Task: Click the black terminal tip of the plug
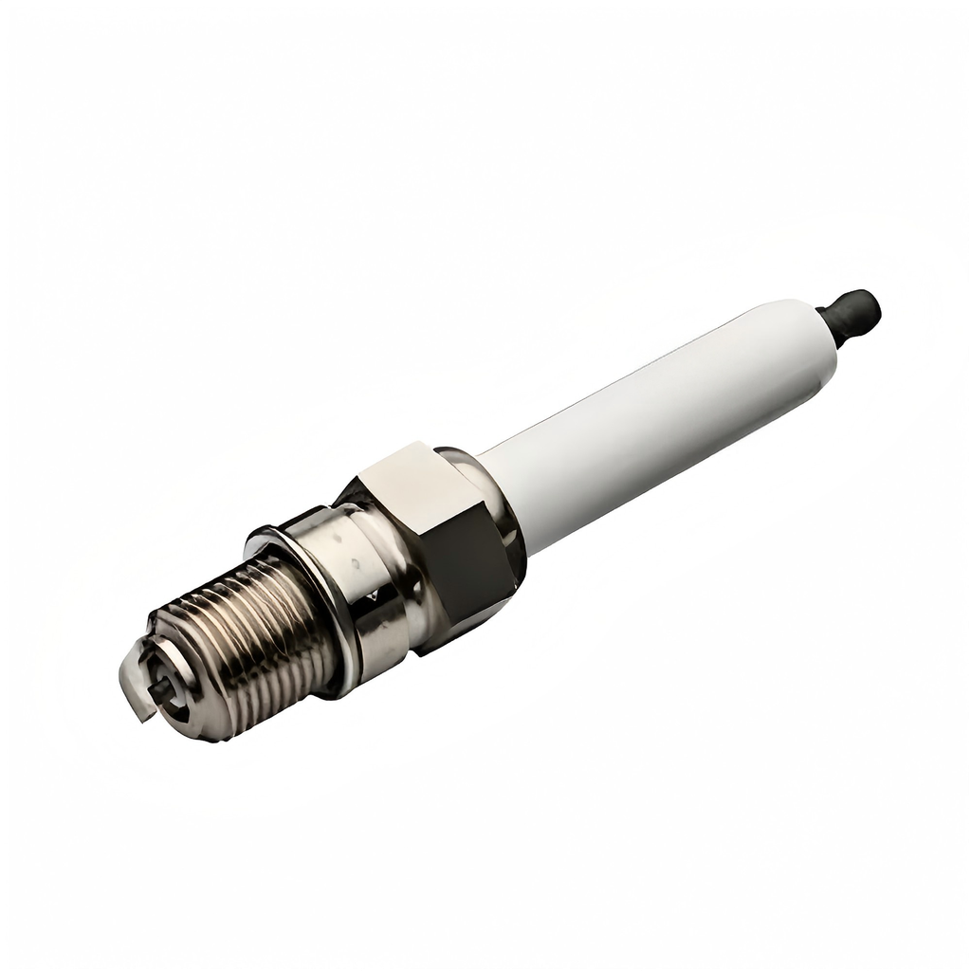[858, 311]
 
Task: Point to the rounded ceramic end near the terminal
[806, 327]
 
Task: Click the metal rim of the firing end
[190, 721]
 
